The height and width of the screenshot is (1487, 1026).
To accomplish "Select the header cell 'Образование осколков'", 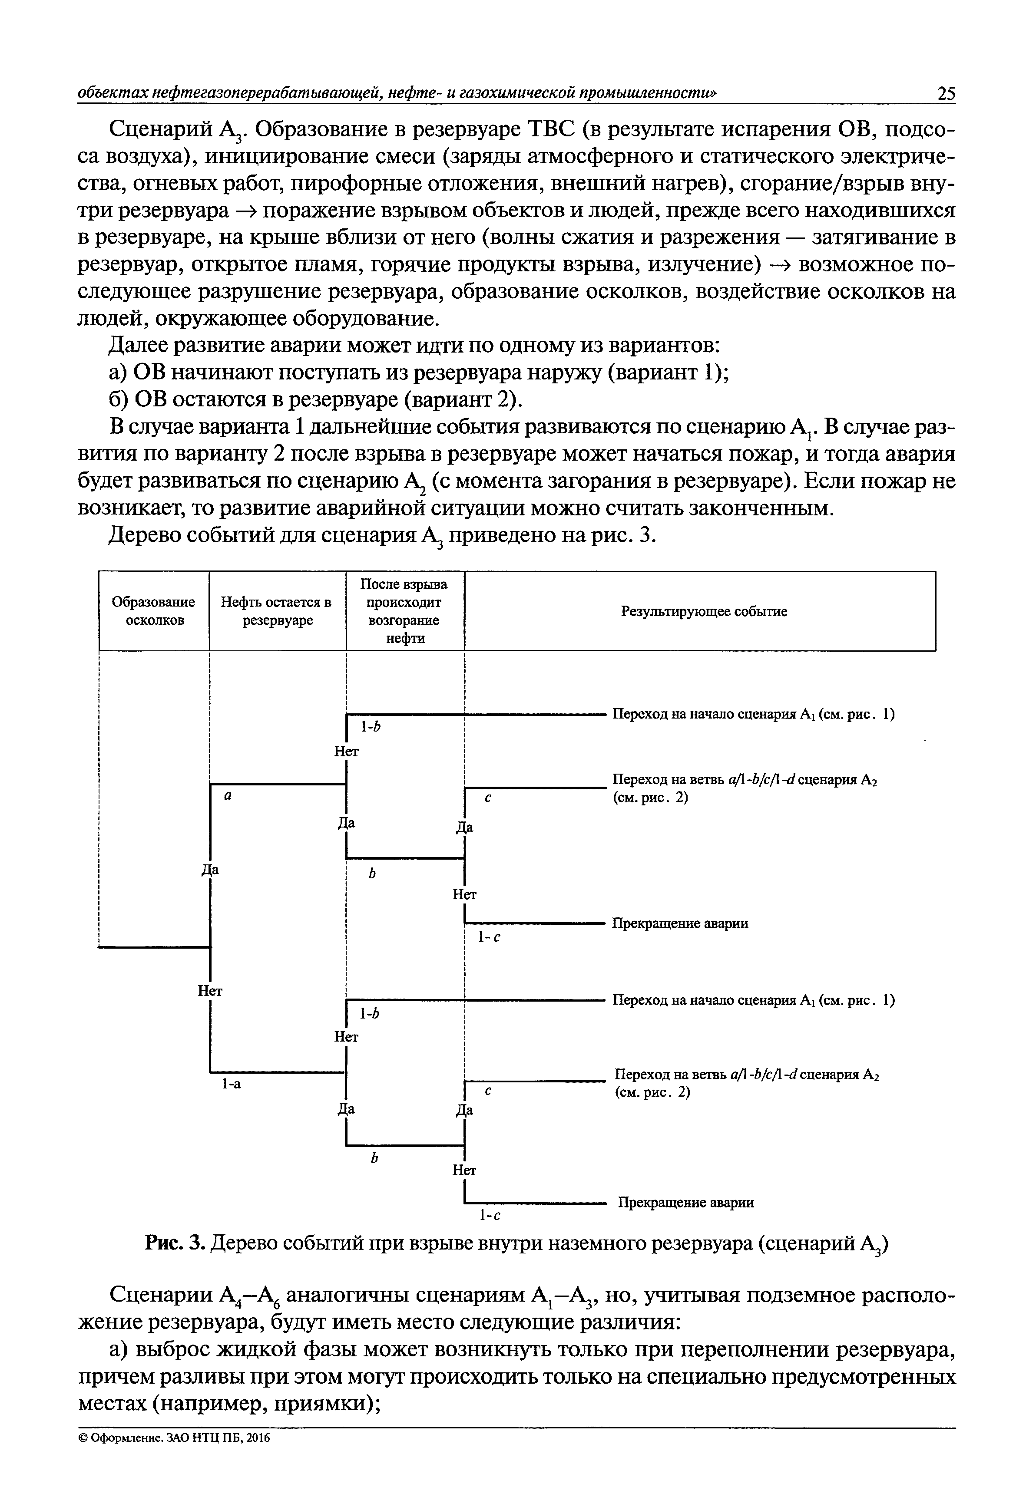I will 154,610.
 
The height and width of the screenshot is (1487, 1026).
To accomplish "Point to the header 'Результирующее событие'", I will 703,611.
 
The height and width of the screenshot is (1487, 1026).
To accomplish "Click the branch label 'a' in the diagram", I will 228,795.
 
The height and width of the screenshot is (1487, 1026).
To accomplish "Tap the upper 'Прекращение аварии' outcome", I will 679,923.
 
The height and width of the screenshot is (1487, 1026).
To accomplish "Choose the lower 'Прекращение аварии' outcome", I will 685,1202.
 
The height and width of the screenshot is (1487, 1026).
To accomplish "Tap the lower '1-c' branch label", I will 490,1215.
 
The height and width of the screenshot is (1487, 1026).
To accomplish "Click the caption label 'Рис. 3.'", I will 174,1243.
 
